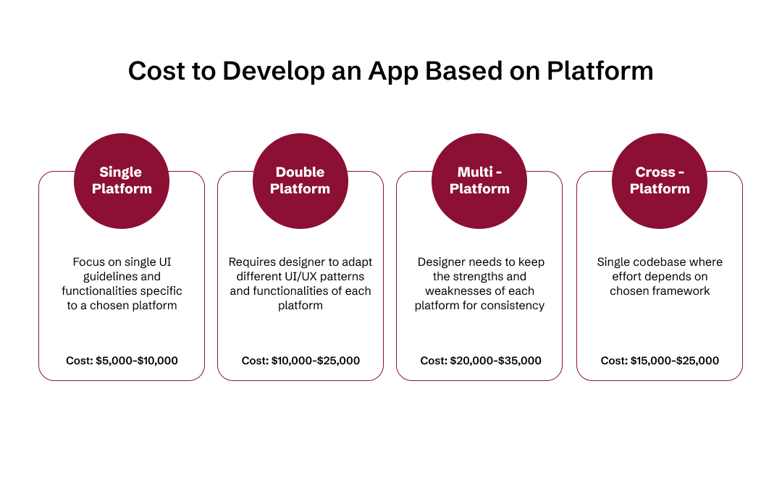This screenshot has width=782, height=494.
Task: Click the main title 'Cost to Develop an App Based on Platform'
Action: (x=390, y=71)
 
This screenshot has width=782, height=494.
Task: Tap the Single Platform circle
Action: (x=121, y=181)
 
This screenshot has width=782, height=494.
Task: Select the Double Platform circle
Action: (x=300, y=181)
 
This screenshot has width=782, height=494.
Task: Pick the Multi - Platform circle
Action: (x=479, y=181)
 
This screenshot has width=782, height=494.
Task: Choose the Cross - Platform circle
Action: (x=660, y=181)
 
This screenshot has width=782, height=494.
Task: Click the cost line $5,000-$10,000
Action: (x=122, y=361)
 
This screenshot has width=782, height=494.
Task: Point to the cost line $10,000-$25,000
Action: (x=300, y=361)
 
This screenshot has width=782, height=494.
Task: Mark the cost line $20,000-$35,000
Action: (x=480, y=361)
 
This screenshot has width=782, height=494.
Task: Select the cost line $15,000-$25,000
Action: (x=660, y=361)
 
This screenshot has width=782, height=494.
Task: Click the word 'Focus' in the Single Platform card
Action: (x=88, y=262)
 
